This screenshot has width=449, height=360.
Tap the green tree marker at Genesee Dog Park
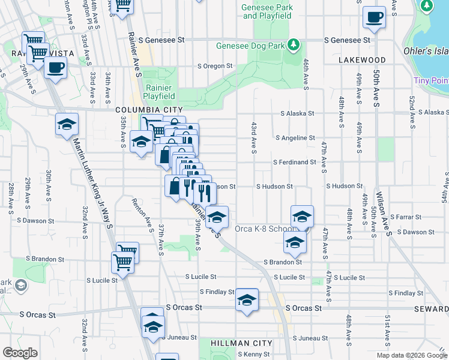(x=293, y=44)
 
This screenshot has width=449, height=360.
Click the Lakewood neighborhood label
(x=362, y=60)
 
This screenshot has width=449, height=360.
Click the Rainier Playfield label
(x=160, y=91)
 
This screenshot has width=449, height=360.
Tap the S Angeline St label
(x=295, y=138)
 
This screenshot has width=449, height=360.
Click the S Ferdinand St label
(x=294, y=163)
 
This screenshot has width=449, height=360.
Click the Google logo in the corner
(x=20, y=353)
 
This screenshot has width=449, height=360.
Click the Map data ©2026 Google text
(x=411, y=355)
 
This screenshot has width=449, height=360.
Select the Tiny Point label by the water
(x=430, y=80)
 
